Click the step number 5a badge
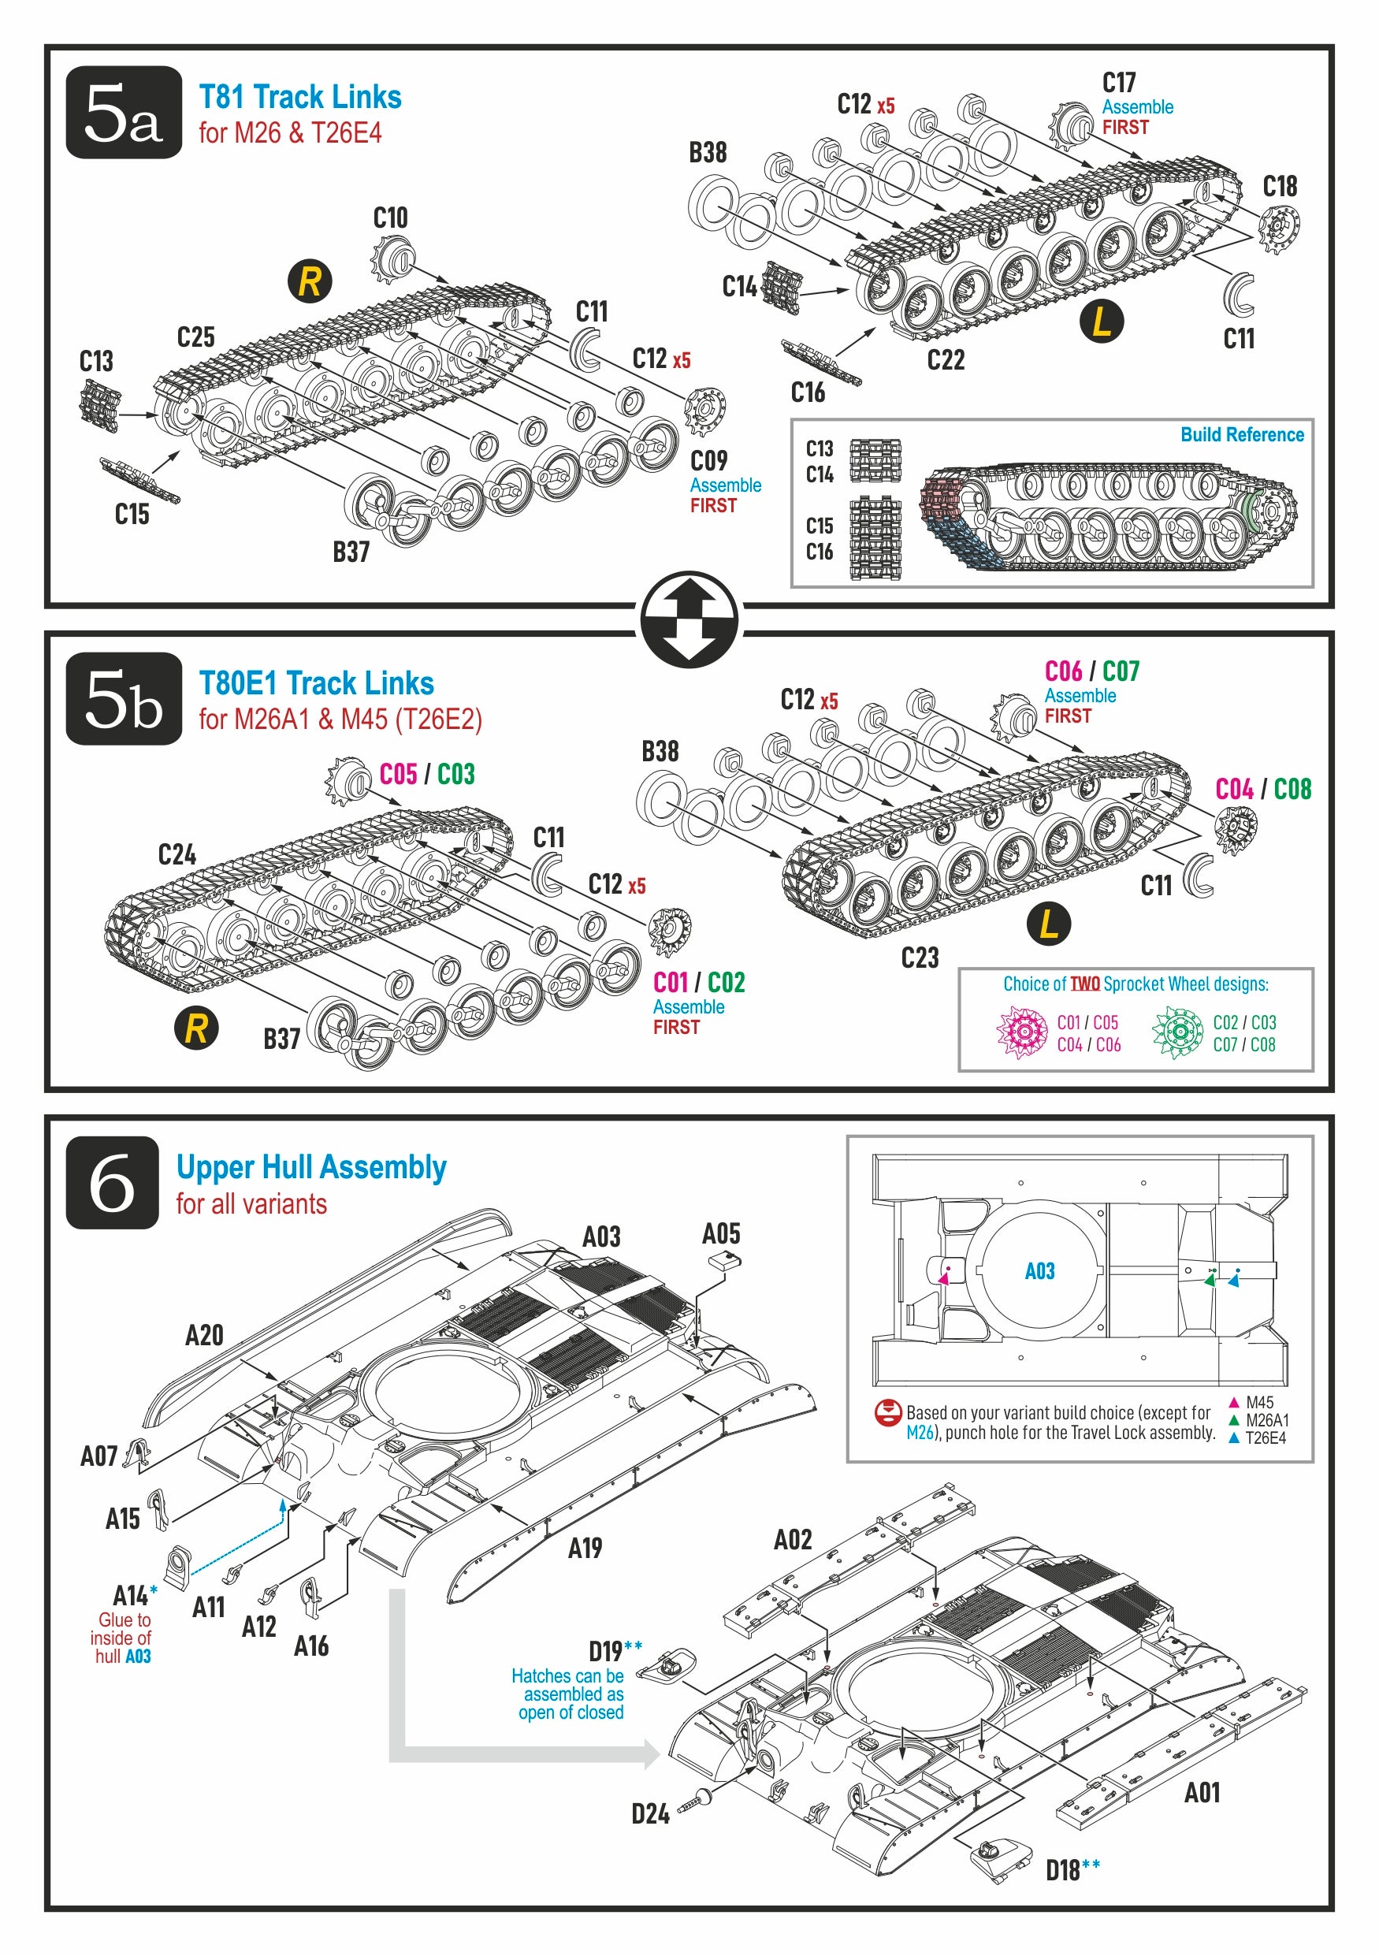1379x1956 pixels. tap(124, 113)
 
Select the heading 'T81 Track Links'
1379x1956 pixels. tap(299, 97)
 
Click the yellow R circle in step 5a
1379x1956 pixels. tap(309, 282)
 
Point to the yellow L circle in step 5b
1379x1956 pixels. tap(1049, 924)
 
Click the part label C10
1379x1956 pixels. tap(390, 218)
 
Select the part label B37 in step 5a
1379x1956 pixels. tap(351, 552)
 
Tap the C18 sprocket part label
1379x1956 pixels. tap(1280, 187)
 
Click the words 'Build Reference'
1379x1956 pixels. tap(1242, 434)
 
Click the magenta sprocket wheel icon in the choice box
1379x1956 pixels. tap(1022, 1032)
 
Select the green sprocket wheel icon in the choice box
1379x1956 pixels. tap(1177, 1032)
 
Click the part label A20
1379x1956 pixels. tap(204, 1335)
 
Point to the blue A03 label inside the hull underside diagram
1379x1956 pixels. tap(1039, 1271)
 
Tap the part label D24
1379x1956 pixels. tap(650, 1813)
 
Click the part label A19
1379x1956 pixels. tap(585, 1548)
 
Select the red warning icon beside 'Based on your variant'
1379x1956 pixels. tap(887, 1413)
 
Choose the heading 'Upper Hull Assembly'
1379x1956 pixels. tap(311, 1167)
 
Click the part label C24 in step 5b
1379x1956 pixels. tap(177, 854)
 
